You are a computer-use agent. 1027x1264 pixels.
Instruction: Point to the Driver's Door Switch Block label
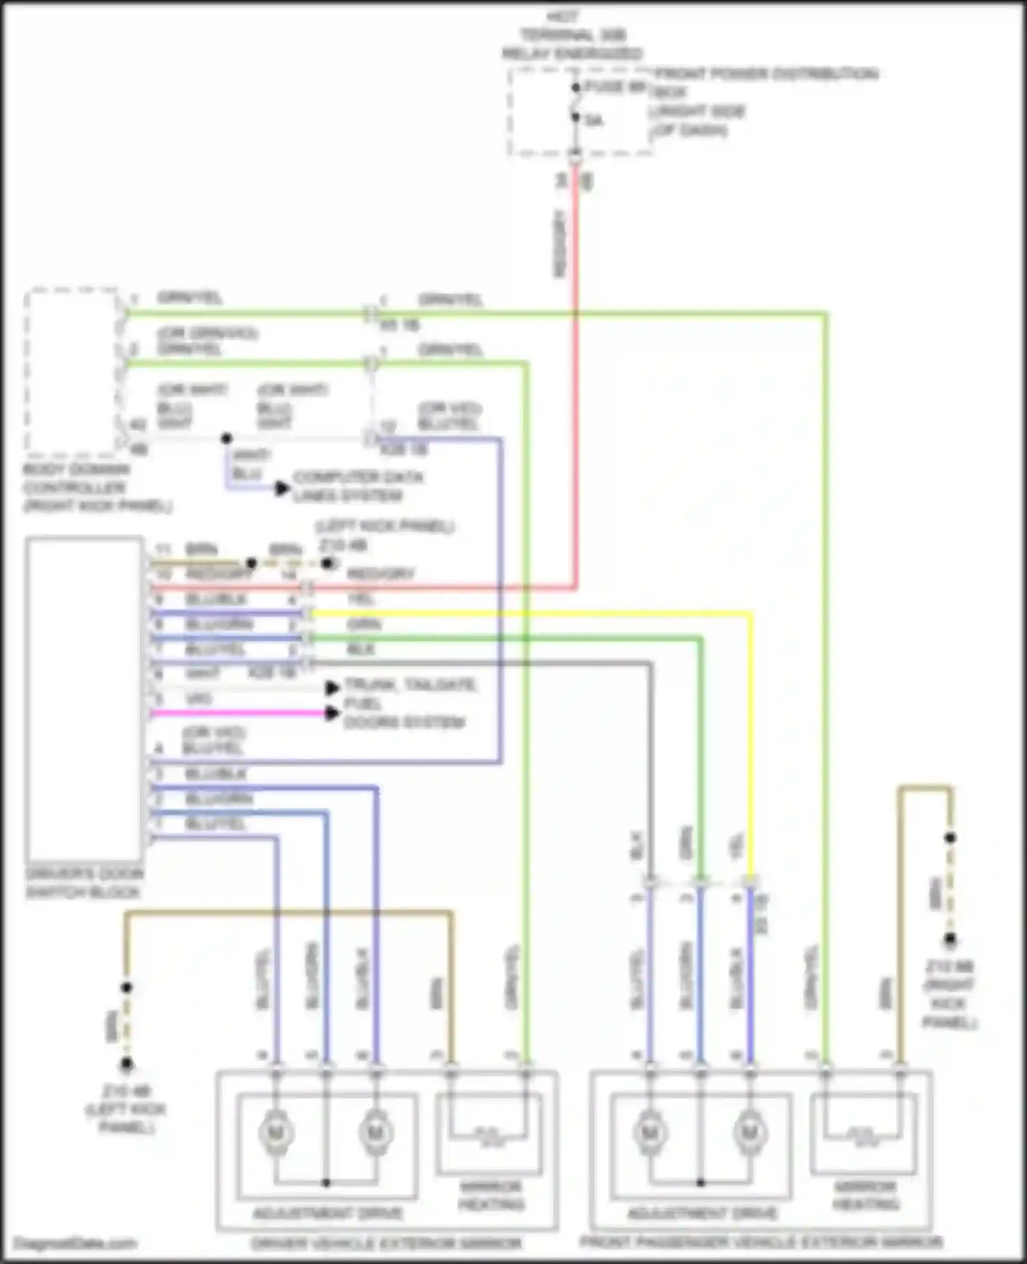click(84, 883)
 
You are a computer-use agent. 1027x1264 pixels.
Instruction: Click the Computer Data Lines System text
click(358, 485)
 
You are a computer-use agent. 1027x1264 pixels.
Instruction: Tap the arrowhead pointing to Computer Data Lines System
click(281, 488)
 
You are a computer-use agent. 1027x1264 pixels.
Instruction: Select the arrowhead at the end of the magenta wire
click(332, 713)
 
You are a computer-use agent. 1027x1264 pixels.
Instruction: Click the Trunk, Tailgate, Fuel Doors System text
click(409, 703)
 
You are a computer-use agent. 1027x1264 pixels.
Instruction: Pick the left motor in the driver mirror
click(276, 1133)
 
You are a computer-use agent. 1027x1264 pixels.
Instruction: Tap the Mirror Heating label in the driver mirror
click(490, 1195)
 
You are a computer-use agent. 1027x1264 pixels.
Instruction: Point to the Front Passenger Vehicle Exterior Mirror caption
click(761, 1241)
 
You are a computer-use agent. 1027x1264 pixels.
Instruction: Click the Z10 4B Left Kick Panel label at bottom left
click(126, 1109)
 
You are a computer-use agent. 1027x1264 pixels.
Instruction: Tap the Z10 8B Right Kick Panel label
click(949, 994)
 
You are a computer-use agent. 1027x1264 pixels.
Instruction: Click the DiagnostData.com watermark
click(75, 1243)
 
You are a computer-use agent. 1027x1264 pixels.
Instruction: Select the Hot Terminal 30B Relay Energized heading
click(572, 34)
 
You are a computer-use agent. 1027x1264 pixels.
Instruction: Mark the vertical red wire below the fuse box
click(576, 377)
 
